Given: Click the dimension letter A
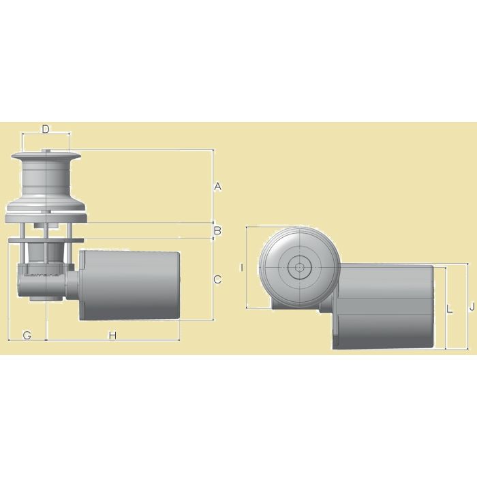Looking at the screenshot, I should click(x=217, y=186).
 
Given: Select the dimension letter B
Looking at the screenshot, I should click(x=217, y=231).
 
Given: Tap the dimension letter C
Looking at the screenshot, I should click(x=217, y=279).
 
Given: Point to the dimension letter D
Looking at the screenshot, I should click(x=46, y=129).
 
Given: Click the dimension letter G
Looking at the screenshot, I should click(x=27, y=335).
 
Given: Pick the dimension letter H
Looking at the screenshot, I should click(x=113, y=335).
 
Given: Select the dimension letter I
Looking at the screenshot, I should click(x=242, y=268).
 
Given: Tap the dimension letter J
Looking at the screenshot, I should click(x=471, y=307).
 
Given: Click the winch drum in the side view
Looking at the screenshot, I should click(x=45, y=180).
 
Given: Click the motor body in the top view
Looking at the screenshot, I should click(x=385, y=307).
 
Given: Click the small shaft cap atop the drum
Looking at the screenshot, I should click(x=46, y=152).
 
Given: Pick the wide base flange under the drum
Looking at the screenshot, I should click(x=45, y=213).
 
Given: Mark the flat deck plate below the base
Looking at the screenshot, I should click(x=45, y=240).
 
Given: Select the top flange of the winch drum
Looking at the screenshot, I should click(x=45, y=158).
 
